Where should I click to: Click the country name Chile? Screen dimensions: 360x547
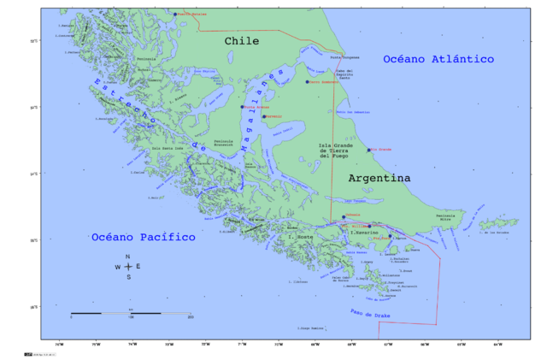242,41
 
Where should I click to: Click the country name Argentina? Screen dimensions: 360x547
379,178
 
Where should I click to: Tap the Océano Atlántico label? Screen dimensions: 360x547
438,59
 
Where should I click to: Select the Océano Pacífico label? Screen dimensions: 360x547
144,237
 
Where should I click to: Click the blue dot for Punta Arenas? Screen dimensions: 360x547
243,108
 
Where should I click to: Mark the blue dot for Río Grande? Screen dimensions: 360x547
369,150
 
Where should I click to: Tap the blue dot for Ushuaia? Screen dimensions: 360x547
344,216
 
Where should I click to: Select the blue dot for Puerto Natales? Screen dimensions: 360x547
174,15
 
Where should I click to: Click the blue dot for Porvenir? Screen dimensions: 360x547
264,116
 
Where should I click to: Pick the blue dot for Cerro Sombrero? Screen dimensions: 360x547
307,82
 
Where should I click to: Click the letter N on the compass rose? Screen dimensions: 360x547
128,257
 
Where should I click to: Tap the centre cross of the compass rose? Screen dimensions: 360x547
128,267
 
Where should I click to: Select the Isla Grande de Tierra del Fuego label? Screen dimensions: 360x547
330,151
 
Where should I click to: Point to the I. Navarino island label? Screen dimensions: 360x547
362,233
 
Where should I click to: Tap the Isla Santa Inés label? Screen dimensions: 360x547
168,148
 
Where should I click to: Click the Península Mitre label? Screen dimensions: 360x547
446,217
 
